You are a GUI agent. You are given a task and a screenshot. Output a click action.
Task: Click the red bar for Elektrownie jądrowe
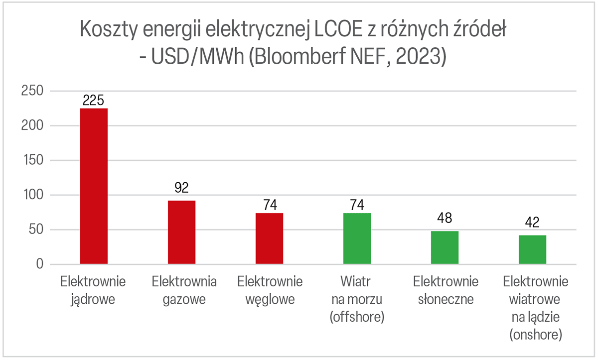coord(94,186)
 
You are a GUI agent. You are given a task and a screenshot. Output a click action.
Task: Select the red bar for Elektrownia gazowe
coord(181,232)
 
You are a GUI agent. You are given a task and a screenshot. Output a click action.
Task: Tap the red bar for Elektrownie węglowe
coord(269,239)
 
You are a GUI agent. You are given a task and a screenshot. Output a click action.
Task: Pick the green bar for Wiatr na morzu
coord(357,239)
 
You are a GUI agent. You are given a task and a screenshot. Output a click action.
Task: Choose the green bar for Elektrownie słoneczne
coord(445,247)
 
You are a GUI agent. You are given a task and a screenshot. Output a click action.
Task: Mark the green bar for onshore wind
coord(532,249)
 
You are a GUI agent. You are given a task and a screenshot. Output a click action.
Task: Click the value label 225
coord(94,101)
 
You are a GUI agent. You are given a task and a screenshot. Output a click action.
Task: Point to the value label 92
coord(181,188)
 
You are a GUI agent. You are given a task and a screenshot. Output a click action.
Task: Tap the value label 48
coord(445,219)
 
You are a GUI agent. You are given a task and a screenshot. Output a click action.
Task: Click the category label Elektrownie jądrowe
coord(93,290)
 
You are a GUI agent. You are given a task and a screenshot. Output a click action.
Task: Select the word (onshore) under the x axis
coord(536,335)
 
